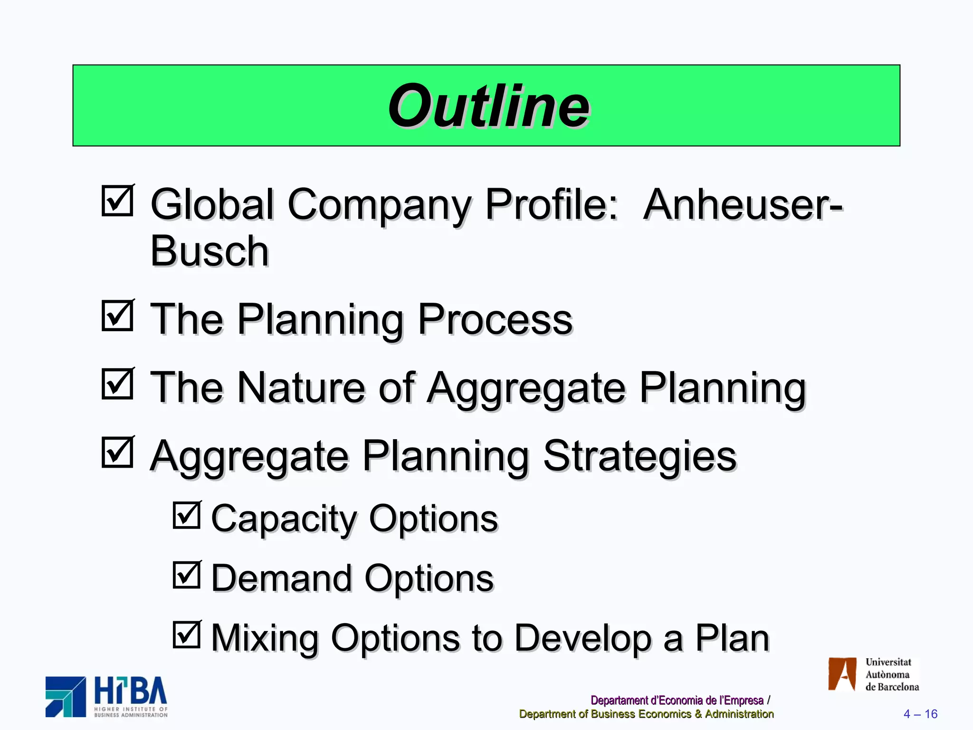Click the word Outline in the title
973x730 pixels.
tap(488, 106)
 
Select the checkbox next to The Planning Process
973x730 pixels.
tap(117, 316)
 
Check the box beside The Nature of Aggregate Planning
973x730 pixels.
tap(117, 384)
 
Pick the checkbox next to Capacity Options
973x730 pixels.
tap(187, 515)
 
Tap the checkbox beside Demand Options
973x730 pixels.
tap(187, 575)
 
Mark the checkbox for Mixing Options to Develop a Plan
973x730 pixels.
tap(187, 635)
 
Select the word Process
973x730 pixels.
tap(495, 319)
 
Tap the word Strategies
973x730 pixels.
tap(639, 456)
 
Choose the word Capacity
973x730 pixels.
tap(283, 519)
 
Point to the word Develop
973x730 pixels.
tap(583, 638)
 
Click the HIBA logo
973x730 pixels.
tap(106, 697)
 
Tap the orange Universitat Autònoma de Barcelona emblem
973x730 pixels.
tap(842, 674)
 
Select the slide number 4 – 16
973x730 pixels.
tap(920, 714)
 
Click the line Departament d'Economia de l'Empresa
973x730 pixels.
tap(677, 700)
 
